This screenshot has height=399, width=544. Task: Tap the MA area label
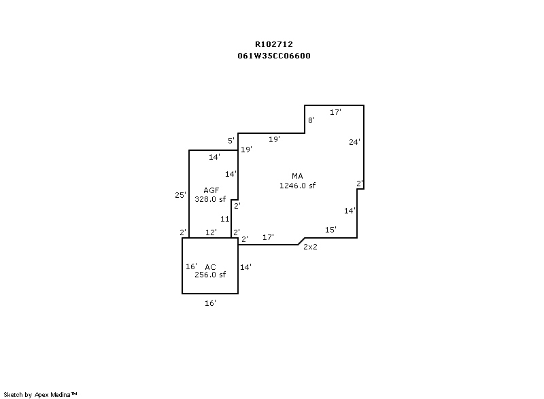pyautogui.click(x=297, y=176)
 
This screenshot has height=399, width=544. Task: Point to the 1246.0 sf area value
pyautogui.click(x=297, y=186)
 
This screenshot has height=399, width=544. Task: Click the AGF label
pyautogui.click(x=211, y=190)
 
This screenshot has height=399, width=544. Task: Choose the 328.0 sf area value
pyautogui.click(x=209, y=199)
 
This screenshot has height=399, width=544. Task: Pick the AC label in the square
pyautogui.click(x=210, y=266)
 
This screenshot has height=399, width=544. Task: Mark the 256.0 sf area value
pyautogui.click(x=209, y=275)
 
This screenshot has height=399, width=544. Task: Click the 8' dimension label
pyautogui.click(x=311, y=120)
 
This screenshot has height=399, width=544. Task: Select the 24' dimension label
pyautogui.click(x=354, y=142)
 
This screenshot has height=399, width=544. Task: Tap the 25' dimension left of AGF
pyautogui.click(x=180, y=195)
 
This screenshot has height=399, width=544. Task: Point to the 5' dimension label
pyautogui.click(x=231, y=141)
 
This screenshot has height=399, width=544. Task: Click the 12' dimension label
pyautogui.click(x=211, y=232)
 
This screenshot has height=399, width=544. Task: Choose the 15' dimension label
pyautogui.click(x=330, y=230)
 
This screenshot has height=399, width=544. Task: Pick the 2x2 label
pyautogui.click(x=310, y=247)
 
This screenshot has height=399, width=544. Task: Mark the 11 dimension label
pyautogui.click(x=224, y=219)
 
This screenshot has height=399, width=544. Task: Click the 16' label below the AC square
pyautogui.click(x=210, y=303)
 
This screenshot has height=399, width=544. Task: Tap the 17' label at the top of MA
pyautogui.click(x=335, y=112)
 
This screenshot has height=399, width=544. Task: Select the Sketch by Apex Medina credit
pyautogui.click(x=40, y=394)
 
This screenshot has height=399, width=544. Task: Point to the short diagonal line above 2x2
pyautogui.click(x=301, y=241)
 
